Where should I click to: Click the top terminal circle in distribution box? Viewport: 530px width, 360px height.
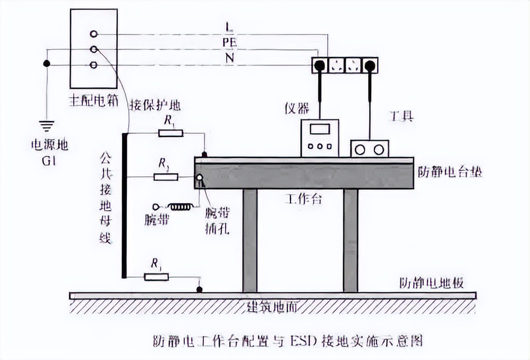tap(94, 34)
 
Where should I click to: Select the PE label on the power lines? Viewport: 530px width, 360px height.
tap(229, 41)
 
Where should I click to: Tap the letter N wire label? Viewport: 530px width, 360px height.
tap(229, 57)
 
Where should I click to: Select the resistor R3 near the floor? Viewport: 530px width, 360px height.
tap(156, 276)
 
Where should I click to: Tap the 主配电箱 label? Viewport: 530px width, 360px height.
tap(93, 101)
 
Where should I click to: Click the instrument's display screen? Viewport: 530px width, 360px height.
tap(321, 129)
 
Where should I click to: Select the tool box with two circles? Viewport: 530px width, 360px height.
tap(370, 149)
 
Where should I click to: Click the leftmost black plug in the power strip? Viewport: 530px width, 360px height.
tap(320, 66)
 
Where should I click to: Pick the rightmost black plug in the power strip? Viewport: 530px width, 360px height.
tap(370, 66)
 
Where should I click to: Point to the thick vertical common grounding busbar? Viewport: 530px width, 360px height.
tap(124, 205)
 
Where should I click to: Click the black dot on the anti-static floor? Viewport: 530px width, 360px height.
tap(199, 289)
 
